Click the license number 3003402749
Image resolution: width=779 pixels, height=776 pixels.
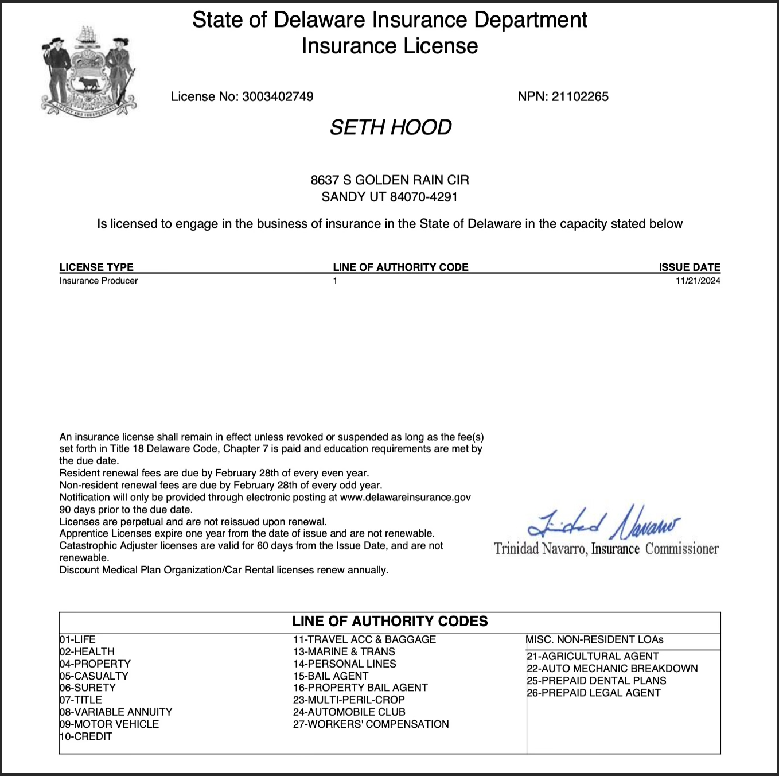coord(278,96)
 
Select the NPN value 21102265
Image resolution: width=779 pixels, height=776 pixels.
coord(580,96)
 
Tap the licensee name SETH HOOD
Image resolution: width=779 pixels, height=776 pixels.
coord(391,127)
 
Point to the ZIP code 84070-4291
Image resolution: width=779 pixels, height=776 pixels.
coord(423,197)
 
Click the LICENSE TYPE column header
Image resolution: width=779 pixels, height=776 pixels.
coord(96,267)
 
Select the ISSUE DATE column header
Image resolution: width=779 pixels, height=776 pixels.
coord(690,267)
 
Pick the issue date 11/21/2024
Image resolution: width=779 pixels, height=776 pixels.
coord(698,281)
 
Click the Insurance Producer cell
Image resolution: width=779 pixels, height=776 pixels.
coord(99,281)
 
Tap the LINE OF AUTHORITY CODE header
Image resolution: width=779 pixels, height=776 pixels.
coord(400,267)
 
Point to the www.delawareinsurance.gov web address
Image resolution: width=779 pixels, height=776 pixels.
coord(406,497)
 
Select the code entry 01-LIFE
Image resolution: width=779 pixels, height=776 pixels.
coord(77,639)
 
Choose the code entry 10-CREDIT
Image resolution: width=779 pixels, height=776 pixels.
coord(86,736)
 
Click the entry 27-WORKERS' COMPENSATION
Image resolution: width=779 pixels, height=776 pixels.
coord(371,724)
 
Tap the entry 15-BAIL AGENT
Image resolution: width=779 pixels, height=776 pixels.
coord(330,676)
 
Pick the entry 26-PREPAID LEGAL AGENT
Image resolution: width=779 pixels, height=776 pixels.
coord(594,693)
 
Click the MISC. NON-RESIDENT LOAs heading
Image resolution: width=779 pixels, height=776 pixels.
coord(595,639)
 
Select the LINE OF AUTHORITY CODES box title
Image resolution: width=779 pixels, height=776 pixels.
coord(390,622)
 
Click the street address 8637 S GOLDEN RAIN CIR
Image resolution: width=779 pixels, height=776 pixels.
coord(390,180)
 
